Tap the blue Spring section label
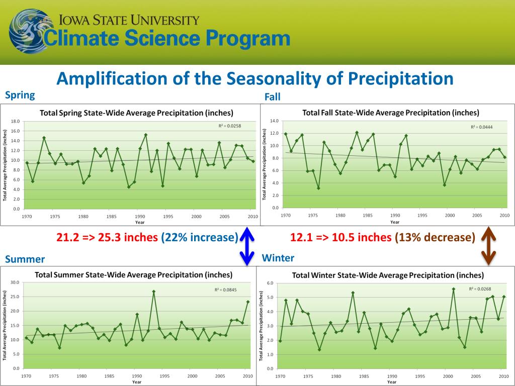point(20,95)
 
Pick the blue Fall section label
point(272,97)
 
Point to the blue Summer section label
point(25,259)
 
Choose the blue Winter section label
point(278,258)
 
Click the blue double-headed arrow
point(246,246)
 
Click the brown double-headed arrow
point(488,246)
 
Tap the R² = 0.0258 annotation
point(229,126)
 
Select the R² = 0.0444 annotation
point(481,127)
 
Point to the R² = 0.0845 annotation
point(226,289)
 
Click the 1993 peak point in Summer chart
point(153,292)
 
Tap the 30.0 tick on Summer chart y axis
point(14,282)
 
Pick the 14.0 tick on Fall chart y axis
point(274,121)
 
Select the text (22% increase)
point(200,237)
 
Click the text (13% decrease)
point(435,237)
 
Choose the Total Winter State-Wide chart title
point(388,275)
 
